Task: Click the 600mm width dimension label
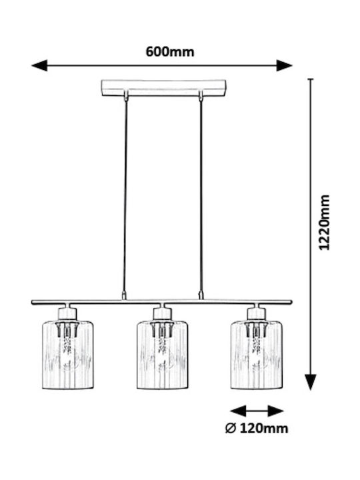[x=170, y=52]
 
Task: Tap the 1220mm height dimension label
[x=325, y=222]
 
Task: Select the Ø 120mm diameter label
[x=257, y=428]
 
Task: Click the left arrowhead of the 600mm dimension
[x=39, y=65]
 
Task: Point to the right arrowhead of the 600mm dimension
[x=285, y=65]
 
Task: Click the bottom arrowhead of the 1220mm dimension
[x=311, y=382]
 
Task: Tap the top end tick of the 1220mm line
[x=311, y=79]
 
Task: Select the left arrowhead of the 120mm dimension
[x=238, y=411]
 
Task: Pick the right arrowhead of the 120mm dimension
[x=275, y=411]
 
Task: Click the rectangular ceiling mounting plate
[x=163, y=88]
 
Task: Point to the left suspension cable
[x=125, y=196]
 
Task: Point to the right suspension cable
[x=201, y=196]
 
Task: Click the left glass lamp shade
[x=67, y=355]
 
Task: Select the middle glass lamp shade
[x=162, y=355]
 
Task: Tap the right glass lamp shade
[x=257, y=355]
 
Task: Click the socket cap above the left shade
[x=67, y=313]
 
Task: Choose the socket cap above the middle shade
[x=162, y=313]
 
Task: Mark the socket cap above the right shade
[x=257, y=313]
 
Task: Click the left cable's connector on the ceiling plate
[x=125, y=95]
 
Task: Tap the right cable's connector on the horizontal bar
[x=201, y=295]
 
